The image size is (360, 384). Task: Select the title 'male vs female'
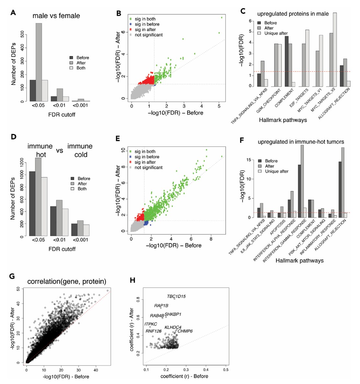[56, 15]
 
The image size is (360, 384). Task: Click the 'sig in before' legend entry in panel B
[147, 24]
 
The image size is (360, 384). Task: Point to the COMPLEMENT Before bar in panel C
[286, 61]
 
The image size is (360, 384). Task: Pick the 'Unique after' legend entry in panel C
[275, 33]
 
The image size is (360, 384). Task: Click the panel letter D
[13, 137]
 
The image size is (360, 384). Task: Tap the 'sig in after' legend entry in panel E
[145, 162]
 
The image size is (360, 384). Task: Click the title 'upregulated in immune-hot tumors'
[301, 142]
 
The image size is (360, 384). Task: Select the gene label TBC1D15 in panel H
[176, 296]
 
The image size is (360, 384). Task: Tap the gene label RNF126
[153, 331]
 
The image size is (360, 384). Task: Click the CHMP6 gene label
[185, 331]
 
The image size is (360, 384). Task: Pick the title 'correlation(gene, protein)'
[67, 281]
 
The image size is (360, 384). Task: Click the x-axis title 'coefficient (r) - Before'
[184, 376]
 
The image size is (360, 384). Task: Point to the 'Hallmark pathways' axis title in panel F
[300, 260]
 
